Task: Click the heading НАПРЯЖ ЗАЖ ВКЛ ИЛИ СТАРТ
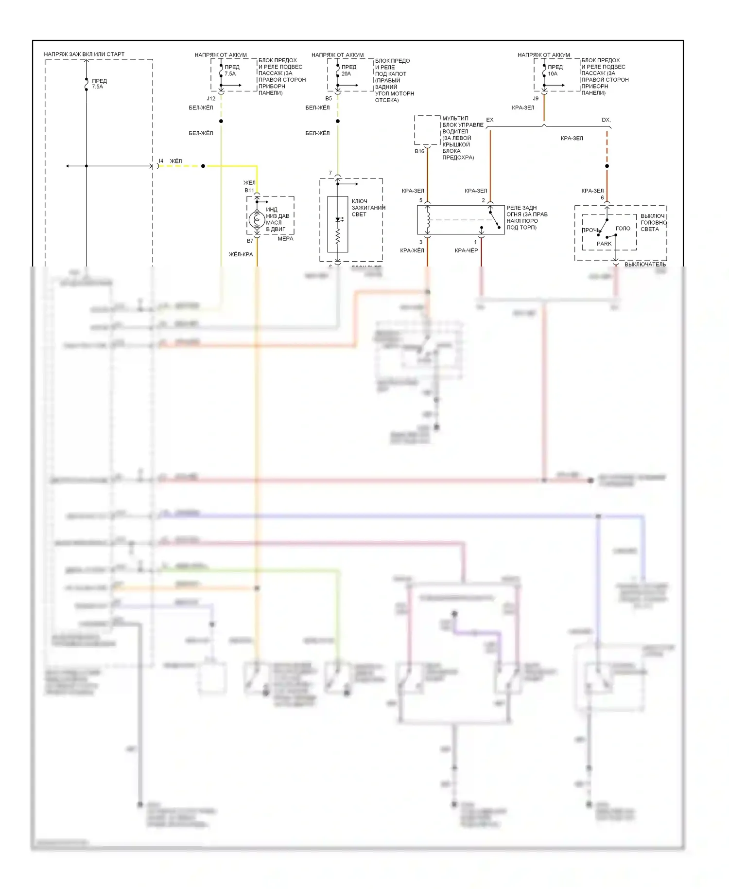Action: [84, 54]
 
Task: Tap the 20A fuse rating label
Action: [346, 74]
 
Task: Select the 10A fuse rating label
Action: [553, 74]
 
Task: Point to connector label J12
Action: [211, 99]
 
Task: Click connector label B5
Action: [329, 99]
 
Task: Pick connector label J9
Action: [536, 99]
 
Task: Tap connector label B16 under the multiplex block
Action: [419, 151]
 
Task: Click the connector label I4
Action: [161, 161]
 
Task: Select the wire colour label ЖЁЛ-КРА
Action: [241, 254]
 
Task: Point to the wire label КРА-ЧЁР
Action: [466, 250]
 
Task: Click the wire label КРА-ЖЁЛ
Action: [412, 250]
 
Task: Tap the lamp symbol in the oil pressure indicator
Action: [257, 220]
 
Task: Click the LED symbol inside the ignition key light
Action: [338, 220]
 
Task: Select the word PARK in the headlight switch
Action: [604, 244]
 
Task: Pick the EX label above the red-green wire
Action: [490, 120]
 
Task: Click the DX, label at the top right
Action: [606, 120]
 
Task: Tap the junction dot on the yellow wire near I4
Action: [203, 166]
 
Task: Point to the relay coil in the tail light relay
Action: [428, 220]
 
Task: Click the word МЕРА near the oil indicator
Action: [285, 239]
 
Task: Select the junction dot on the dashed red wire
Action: [607, 166]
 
